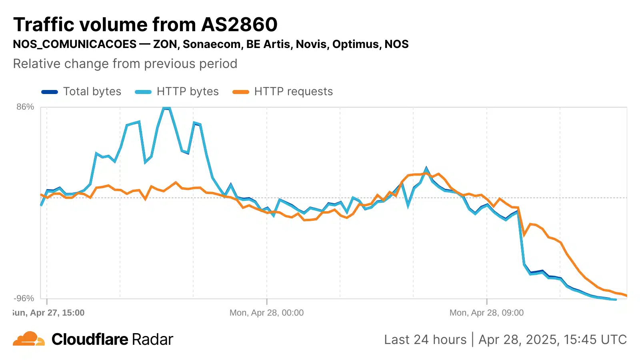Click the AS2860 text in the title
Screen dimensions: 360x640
tap(239, 25)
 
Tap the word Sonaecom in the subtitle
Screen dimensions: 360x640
tap(211, 44)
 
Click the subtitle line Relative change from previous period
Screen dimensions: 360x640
tap(125, 64)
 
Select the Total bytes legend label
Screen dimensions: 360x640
tap(92, 92)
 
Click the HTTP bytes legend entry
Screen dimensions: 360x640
tap(188, 92)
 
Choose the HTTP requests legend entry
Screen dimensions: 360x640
tap(293, 92)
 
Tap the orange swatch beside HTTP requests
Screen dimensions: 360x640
tap(241, 92)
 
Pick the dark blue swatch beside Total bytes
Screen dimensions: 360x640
tap(50, 92)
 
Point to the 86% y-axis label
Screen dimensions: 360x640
tap(25, 107)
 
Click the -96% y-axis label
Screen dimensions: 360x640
tap(24, 298)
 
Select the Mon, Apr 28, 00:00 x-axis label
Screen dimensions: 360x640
tap(266, 313)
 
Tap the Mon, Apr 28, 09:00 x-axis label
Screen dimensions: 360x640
tap(486, 313)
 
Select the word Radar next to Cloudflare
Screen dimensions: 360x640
tap(152, 340)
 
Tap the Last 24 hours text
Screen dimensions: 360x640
tap(425, 340)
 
